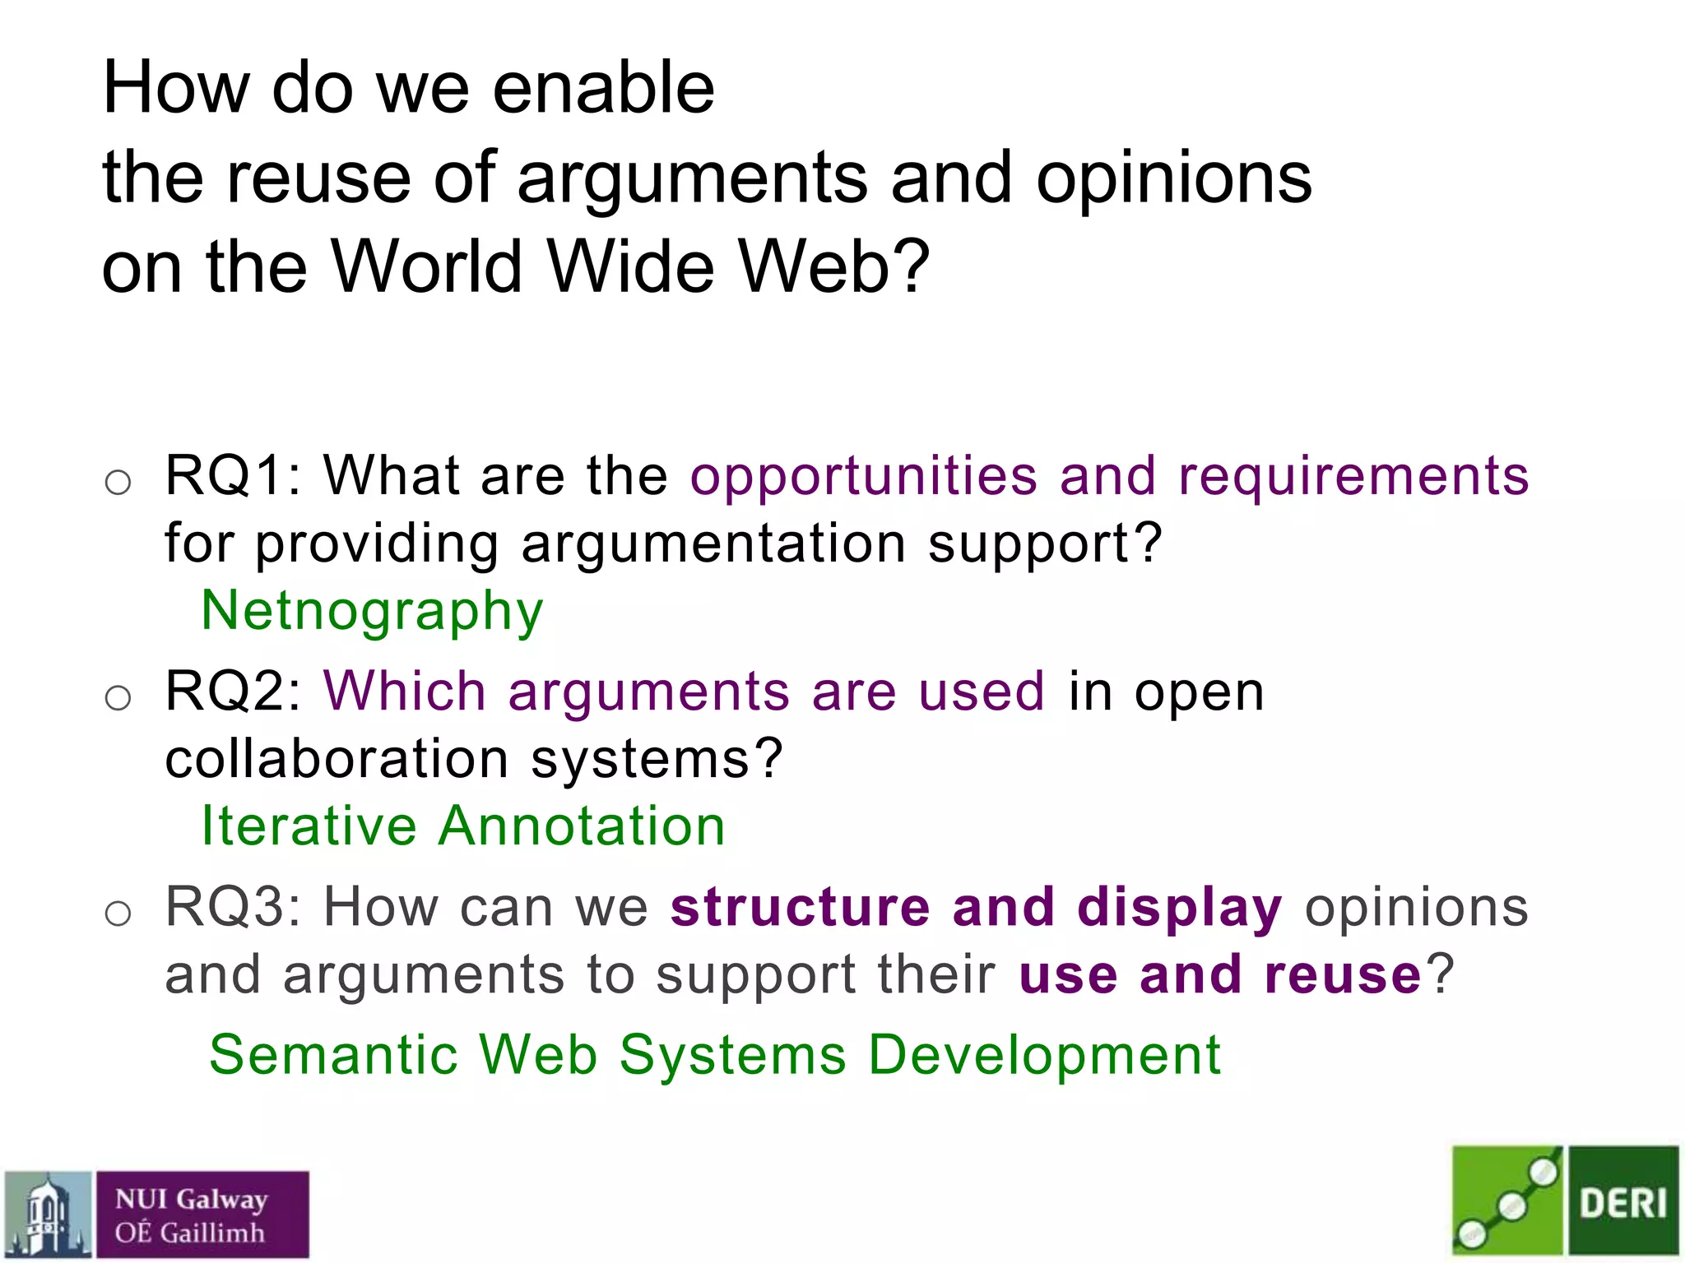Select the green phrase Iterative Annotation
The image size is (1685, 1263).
tap(463, 826)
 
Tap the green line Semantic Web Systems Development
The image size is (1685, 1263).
tap(715, 1055)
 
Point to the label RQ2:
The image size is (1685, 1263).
tap(234, 691)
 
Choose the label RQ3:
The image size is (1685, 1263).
tap(234, 907)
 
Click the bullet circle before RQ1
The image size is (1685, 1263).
tap(118, 482)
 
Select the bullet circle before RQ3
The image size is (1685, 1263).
tap(118, 913)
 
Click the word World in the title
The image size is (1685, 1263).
tap(426, 266)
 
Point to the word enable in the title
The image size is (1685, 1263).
tap(604, 88)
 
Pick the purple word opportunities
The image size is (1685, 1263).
tap(864, 477)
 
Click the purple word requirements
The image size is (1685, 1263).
tap(1353, 477)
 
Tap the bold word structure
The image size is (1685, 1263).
tap(800, 907)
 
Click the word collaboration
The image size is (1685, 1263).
tap(337, 758)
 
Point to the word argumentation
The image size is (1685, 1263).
tap(713, 544)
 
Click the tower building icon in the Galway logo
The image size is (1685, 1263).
tap(48, 1215)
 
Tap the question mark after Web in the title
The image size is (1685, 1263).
tap(914, 266)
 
